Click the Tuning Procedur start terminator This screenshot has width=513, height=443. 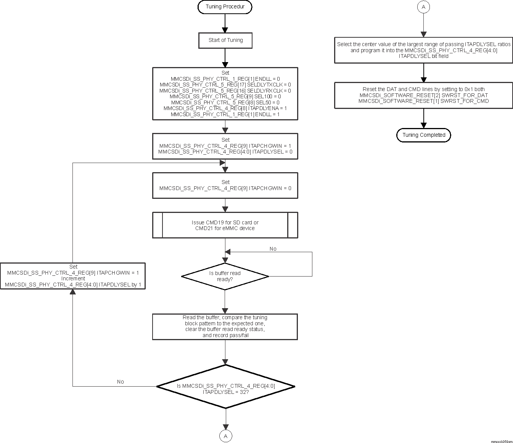(x=225, y=7)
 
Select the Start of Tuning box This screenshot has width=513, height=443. (x=225, y=40)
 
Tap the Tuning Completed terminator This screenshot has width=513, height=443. (x=423, y=135)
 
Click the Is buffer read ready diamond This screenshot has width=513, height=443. (x=225, y=276)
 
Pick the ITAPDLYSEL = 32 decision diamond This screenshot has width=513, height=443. (x=225, y=387)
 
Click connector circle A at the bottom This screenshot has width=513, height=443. (x=225, y=436)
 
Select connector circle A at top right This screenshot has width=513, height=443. (x=423, y=7)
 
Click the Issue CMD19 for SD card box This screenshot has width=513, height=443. (x=225, y=225)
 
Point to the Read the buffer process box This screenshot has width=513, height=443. (x=225, y=326)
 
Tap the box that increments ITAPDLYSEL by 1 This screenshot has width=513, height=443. (x=73, y=276)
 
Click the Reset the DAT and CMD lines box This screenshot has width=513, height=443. (x=423, y=95)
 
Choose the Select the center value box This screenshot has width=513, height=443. (x=423, y=50)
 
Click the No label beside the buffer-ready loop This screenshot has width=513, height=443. (x=273, y=249)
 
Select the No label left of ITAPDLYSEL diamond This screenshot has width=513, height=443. (x=121, y=382)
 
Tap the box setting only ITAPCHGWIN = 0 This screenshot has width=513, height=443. (x=225, y=186)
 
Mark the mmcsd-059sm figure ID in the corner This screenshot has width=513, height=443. (x=502, y=441)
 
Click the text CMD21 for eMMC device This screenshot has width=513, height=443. (x=225, y=228)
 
